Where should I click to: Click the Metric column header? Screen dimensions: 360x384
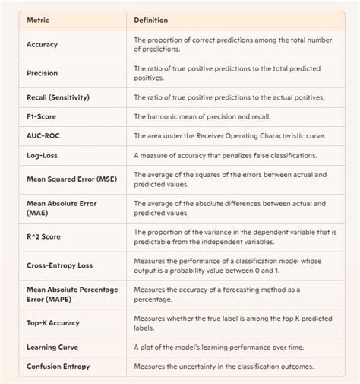(x=39, y=21)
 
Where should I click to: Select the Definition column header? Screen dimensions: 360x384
(x=151, y=21)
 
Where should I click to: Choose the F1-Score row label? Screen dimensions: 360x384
(x=43, y=116)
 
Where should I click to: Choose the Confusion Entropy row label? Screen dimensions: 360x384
(x=60, y=367)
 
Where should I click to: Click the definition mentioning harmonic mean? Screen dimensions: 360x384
(x=209, y=116)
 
